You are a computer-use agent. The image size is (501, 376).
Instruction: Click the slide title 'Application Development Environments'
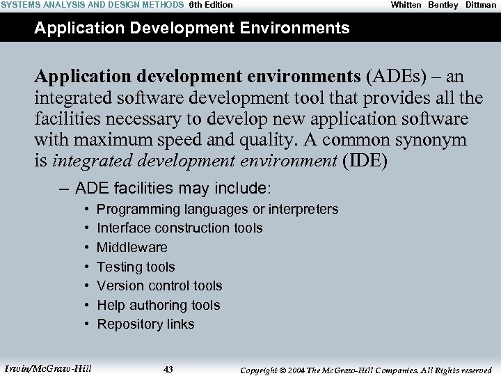click(191, 28)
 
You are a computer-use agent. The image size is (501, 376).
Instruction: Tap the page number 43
click(168, 369)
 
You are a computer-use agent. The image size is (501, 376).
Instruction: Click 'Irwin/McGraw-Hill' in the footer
click(48, 368)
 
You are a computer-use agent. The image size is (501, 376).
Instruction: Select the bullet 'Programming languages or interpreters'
click(217, 209)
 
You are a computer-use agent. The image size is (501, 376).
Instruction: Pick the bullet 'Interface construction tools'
click(180, 228)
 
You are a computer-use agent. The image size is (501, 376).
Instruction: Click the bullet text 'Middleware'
click(132, 247)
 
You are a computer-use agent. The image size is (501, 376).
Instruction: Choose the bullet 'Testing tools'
click(136, 267)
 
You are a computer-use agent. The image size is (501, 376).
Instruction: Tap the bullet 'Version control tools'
click(159, 285)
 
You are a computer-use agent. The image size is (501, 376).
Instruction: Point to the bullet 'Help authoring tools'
click(158, 305)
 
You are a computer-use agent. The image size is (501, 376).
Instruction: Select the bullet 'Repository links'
click(145, 324)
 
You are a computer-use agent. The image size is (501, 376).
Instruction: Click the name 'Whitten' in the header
click(406, 5)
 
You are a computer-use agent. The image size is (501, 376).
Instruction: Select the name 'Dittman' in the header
click(481, 5)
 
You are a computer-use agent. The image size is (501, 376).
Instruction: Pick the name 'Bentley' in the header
click(443, 5)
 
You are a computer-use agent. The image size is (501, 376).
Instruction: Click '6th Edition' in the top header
click(211, 5)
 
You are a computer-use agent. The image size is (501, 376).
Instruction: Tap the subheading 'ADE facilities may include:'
click(174, 188)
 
